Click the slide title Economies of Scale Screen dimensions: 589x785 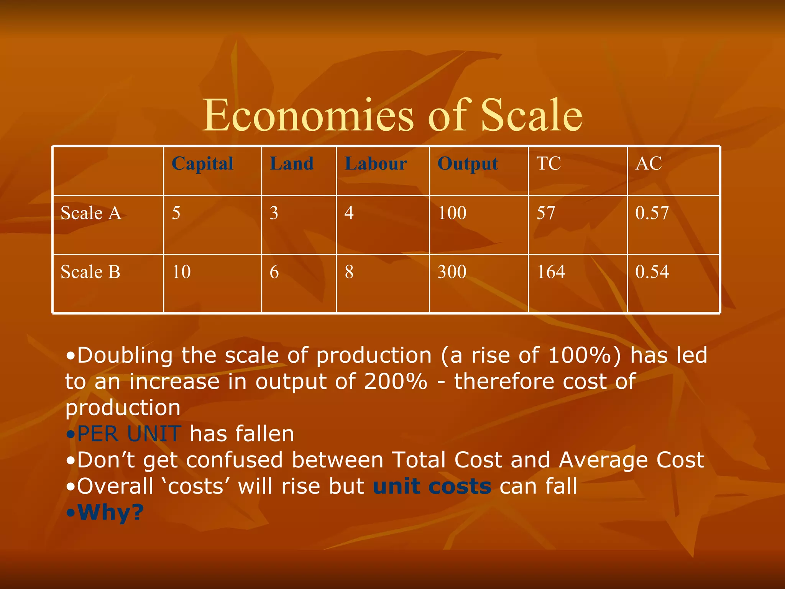[392, 115]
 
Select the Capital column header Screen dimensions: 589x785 [202, 164]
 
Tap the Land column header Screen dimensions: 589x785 [292, 164]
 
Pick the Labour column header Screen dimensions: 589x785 [376, 164]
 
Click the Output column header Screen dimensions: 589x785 [468, 164]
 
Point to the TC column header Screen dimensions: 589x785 [549, 164]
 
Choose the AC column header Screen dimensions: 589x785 [649, 164]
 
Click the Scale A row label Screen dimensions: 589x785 [91, 213]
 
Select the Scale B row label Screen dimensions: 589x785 [90, 272]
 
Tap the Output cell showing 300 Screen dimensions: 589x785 [452, 272]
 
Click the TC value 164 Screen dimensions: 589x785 [551, 272]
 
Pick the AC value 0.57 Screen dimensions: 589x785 [652, 213]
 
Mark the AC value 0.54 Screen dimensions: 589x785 [652, 272]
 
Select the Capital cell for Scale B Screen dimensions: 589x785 [181, 272]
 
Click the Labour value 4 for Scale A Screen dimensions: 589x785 [349, 213]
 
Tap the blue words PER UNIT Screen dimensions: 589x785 [129, 434]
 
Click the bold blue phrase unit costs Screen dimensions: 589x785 [432, 487]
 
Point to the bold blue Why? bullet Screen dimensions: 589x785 [110, 512]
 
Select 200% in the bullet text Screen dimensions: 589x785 [396, 382]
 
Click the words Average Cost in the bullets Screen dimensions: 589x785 [631, 460]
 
